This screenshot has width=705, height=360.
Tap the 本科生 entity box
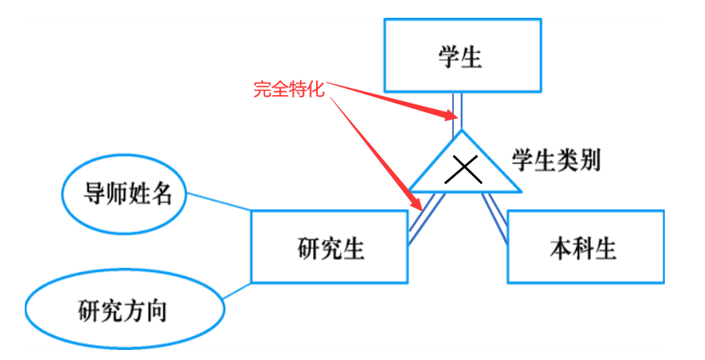(x=584, y=247)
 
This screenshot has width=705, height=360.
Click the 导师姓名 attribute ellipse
(x=124, y=195)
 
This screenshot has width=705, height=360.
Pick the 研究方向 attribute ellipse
(x=124, y=310)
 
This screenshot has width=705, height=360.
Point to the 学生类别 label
(x=556, y=161)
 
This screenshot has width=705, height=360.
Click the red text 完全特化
(x=289, y=89)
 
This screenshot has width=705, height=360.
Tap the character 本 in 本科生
(x=561, y=248)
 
